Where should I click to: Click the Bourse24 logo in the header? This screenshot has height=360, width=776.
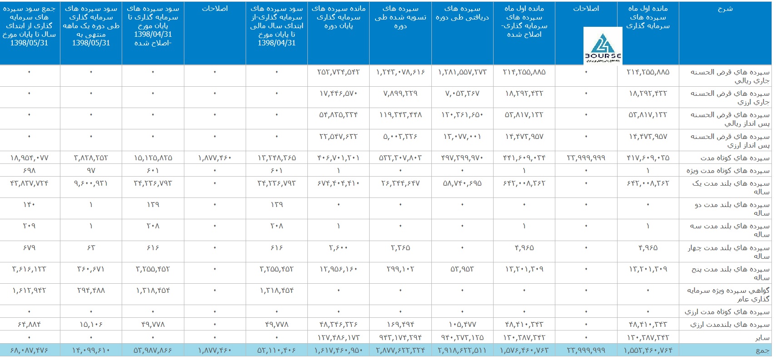603,46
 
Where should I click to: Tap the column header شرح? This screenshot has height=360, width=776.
725,9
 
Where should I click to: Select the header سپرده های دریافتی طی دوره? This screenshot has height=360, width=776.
462,13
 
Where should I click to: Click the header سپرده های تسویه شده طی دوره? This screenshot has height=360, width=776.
400,17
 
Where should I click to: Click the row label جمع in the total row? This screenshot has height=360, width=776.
762,350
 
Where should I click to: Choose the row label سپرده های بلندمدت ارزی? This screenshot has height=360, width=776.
730,324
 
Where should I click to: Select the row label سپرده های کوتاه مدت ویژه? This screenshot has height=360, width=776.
728,170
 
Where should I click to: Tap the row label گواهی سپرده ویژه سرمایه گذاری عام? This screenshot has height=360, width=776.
728,294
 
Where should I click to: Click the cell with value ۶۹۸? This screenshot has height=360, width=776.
29,170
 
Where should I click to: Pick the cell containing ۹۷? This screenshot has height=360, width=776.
91,170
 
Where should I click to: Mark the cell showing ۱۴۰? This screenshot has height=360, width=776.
29,204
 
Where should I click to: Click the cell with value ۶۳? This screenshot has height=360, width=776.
91,247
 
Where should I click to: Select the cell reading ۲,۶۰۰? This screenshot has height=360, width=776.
338,247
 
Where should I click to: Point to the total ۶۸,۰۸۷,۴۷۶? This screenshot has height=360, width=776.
29,350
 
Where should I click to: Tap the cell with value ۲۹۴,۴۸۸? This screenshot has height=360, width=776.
91,290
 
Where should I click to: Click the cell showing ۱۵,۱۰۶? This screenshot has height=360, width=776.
91,324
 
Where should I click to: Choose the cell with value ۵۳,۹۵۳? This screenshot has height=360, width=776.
462,269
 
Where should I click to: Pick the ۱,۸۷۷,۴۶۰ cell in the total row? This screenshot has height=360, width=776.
215,350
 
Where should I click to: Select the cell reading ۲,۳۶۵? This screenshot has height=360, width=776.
400,247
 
